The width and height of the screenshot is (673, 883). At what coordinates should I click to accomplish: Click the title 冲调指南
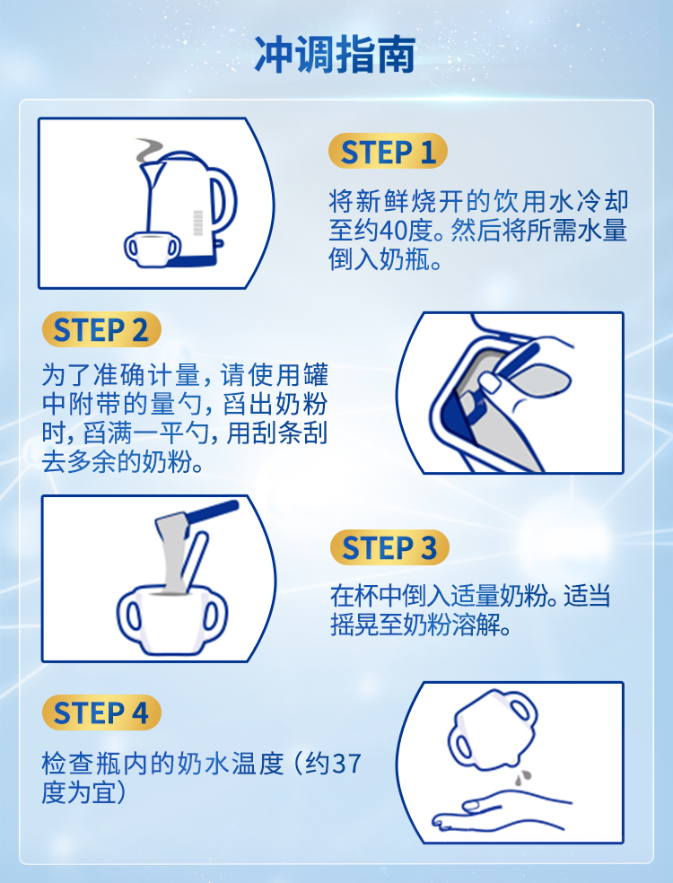(335, 55)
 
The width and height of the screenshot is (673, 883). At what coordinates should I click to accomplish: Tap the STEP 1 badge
(388, 151)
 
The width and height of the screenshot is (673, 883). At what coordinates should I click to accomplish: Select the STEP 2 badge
(101, 329)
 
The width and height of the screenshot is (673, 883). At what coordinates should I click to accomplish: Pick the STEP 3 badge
(389, 547)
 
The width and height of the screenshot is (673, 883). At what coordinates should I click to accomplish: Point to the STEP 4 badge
(101, 713)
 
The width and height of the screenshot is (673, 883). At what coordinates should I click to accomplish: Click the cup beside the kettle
(152, 249)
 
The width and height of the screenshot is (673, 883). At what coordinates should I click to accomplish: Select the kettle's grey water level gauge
(198, 223)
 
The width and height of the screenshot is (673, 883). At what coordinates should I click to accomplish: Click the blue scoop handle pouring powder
(213, 511)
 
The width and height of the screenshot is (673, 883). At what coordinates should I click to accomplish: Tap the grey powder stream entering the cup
(172, 557)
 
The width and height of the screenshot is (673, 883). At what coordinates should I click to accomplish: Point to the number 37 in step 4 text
(346, 765)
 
